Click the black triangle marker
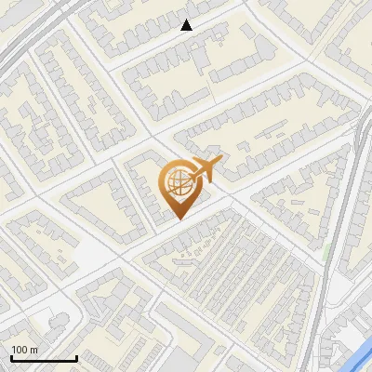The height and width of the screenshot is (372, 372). pyautogui.click(x=187, y=25)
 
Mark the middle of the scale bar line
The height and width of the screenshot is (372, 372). pyautogui.click(x=44, y=358)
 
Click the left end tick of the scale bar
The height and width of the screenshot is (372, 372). pyautogui.click(x=11, y=356)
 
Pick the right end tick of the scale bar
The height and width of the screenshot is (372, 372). pyautogui.click(x=76, y=356)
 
